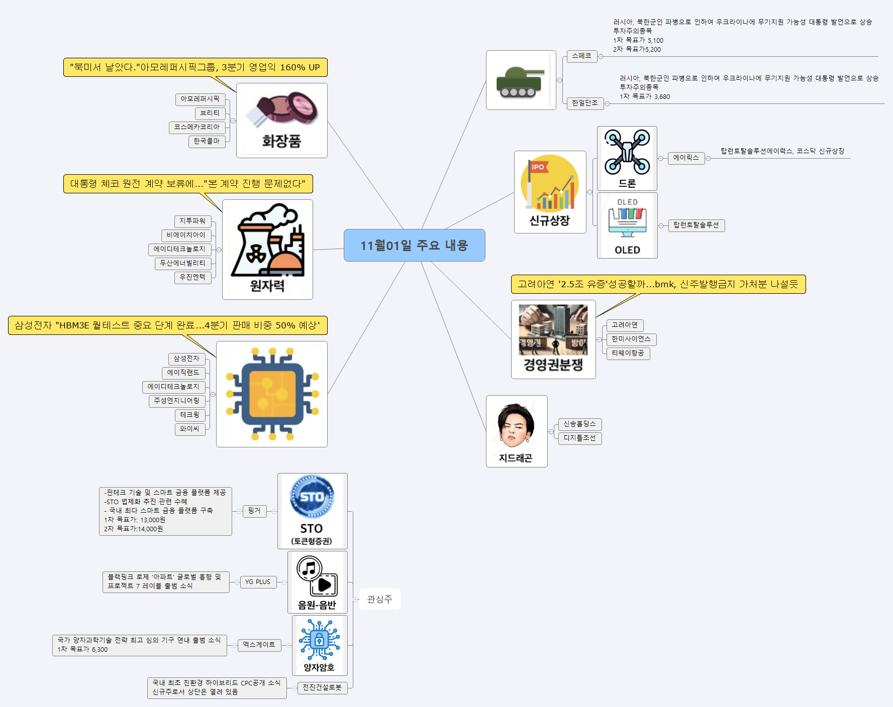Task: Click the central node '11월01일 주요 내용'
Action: pos(414,246)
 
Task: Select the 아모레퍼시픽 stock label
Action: pos(200,99)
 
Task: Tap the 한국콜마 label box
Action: pos(207,141)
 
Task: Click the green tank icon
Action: pos(520,81)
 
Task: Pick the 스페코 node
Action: pos(581,56)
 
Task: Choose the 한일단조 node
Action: pos(584,103)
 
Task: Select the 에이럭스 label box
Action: pos(685,158)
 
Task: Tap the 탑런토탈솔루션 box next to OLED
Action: pos(696,225)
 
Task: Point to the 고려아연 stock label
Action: pos(625,325)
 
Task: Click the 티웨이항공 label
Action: pos(628,353)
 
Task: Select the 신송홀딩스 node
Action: pos(579,424)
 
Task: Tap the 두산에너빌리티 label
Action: pos(182,263)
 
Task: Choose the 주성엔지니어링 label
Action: pos(176,401)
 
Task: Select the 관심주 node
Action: pos(379,599)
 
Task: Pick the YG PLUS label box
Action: pos(258,582)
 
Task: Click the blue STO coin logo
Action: pos(312,497)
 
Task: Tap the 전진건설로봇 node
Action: pos(322,687)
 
